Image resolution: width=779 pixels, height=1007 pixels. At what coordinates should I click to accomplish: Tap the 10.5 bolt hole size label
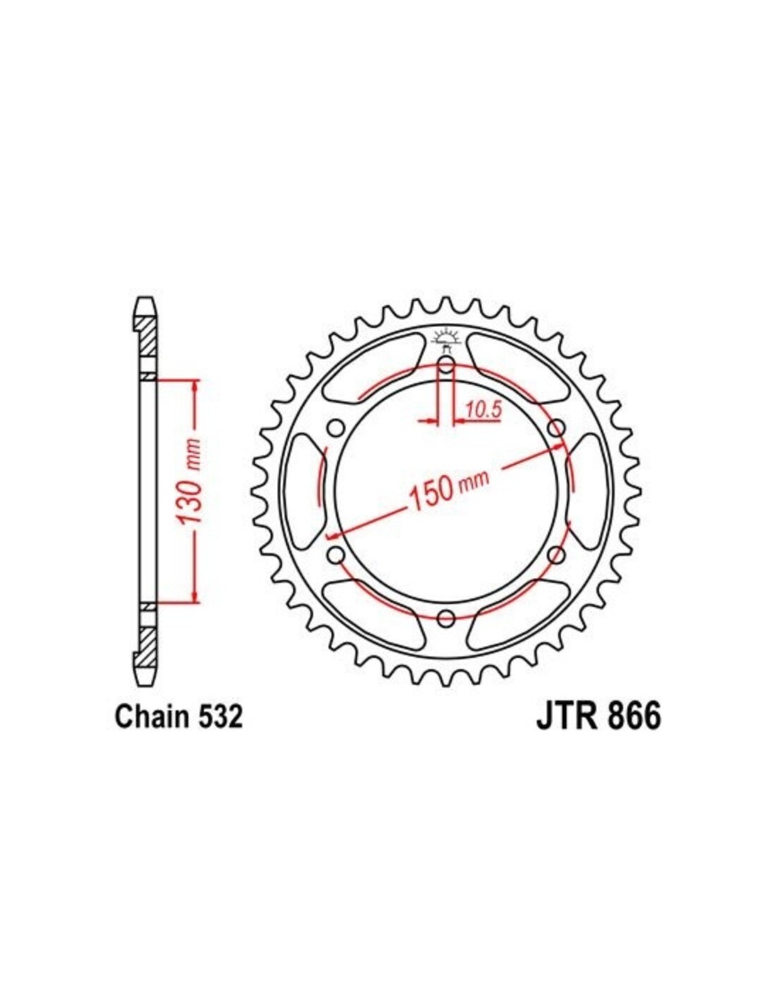(483, 409)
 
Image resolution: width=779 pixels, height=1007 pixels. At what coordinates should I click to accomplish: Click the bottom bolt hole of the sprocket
(446, 617)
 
